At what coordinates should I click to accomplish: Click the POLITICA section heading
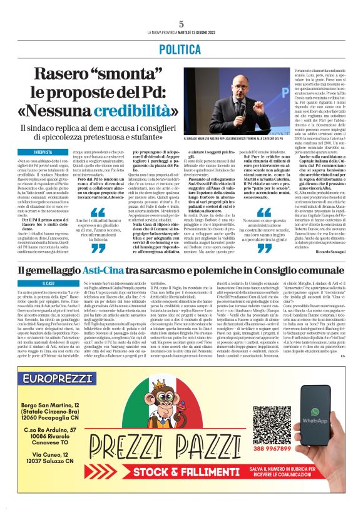pos(181,48)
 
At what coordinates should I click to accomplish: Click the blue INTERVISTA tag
pos(43,152)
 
